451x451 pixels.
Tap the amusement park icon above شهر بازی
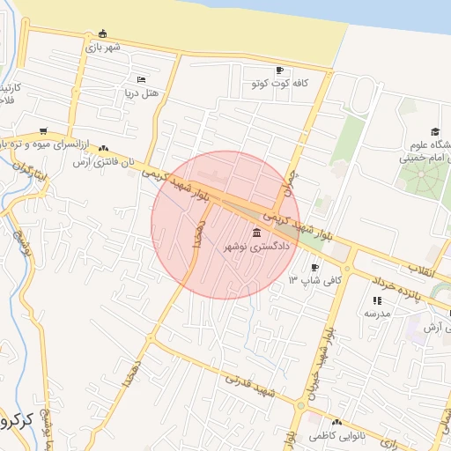coord(103,33)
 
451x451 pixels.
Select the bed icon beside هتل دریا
coord(142,79)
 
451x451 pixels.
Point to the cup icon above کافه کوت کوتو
coord(279,70)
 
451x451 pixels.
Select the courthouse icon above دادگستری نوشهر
coord(257,233)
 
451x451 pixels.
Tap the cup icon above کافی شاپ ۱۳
coord(315,267)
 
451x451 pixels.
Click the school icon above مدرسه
coord(377,300)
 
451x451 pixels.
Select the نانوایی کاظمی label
coord(338,435)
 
